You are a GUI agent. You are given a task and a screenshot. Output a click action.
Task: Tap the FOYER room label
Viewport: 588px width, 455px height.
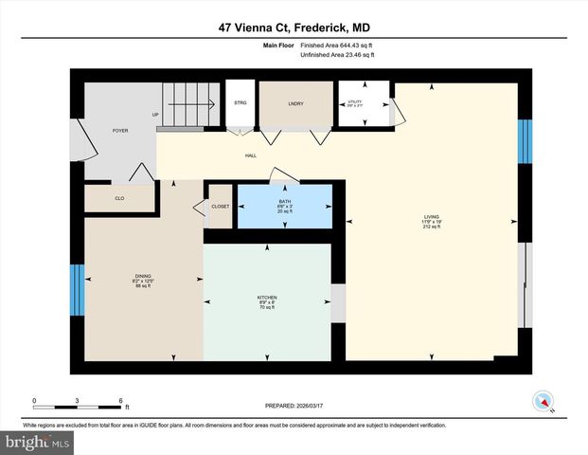(x=120, y=130)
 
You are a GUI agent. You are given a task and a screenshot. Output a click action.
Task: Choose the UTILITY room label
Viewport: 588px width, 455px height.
(x=355, y=102)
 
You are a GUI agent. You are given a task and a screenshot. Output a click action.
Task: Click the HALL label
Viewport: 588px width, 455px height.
(x=251, y=156)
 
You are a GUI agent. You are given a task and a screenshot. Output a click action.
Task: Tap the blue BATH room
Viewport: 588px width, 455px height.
(x=285, y=206)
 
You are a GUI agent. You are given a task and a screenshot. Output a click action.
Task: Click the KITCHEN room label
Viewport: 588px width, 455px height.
(x=267, y=301)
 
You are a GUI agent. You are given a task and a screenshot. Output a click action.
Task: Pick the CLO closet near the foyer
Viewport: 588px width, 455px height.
(x=120, y=197)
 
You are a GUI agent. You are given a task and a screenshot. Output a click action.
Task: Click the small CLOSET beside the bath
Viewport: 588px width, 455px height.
(x=220, y=206)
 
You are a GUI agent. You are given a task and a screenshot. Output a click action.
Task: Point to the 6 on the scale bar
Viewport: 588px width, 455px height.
(x=121, y=401)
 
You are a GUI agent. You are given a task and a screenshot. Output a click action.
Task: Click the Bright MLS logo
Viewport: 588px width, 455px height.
(x=37, y=442)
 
